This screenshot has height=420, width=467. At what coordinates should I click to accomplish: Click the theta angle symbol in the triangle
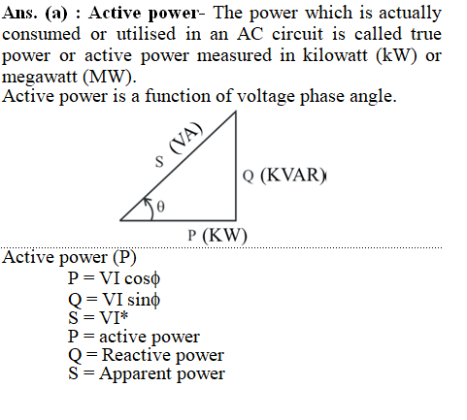[160, 207]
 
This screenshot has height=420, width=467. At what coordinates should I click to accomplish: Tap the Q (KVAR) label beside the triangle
[284, 176]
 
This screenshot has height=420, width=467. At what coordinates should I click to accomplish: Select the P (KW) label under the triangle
[217, 235]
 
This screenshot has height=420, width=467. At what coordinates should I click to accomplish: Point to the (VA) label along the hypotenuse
[186, 138]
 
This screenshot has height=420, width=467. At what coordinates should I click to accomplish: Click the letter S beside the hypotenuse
[159, 162]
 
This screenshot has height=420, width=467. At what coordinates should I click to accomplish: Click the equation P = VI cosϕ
[114, 278]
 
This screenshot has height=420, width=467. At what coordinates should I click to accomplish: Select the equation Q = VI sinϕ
[114, 300]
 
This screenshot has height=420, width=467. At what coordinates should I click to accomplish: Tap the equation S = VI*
[98, 317]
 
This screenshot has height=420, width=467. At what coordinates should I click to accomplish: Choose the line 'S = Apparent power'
[147, 373]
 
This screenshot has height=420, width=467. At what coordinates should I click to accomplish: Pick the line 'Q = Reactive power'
[146, 355]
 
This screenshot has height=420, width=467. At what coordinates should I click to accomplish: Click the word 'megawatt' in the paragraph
[40, 78]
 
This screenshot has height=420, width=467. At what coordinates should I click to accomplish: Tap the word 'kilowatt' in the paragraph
[335, 55]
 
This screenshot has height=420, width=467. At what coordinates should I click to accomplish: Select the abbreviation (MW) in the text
[110, 77]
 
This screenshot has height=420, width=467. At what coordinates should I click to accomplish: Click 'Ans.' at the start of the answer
[19, 14]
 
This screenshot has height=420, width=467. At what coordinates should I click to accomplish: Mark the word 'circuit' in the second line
[297, 34]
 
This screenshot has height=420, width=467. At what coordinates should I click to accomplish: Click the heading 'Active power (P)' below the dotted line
[69, 258]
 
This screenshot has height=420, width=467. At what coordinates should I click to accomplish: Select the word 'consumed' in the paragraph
[41, 34]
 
